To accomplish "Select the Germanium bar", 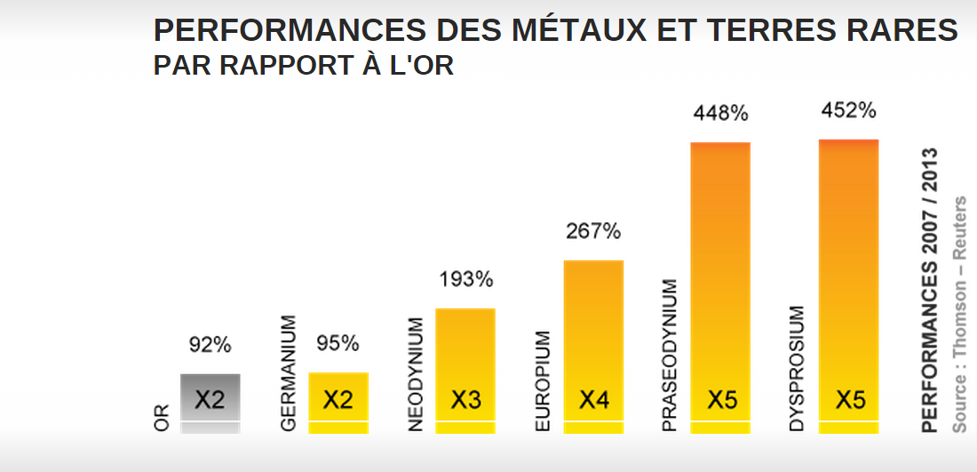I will pyautogui.click(x=338, y=402).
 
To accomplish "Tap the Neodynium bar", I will pyautogui.click(x=465, y=369).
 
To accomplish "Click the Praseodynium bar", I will pyautogui.click(x=720, y=284).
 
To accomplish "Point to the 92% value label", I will pyautogui.click(x=210, y=344).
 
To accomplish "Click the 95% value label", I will pyautogui.click(x=338, y=343).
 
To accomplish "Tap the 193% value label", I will pyautogui.click(x=465, y=279).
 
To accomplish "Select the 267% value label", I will pyautogui.click(x=593, y=231).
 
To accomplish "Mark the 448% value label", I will pyautogui.click(x=720, y=113).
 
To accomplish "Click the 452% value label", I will pyautogui.click(x=848, y=110).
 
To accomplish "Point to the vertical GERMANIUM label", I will pyautogui.click(x=288, y=373).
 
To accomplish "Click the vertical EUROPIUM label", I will pyautogui.click(x=544, y=382).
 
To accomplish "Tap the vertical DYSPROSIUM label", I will pyautogui.click(x=797, y=369).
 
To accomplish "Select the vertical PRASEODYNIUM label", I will pyautogui.click(x=670, y=356).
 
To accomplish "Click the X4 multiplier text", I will pyautogui.click(x=593, y=400).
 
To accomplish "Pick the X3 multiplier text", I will pyautogui.click(x=465, y=400).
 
